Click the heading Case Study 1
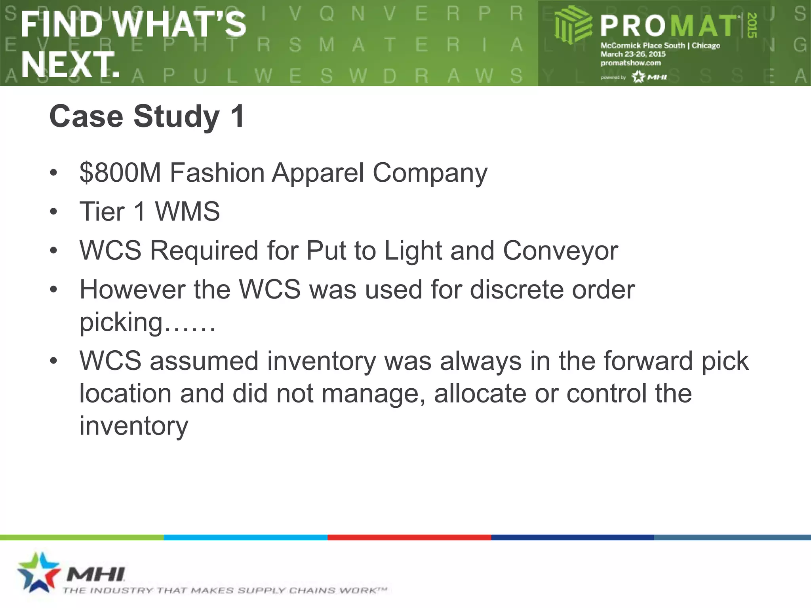coord(147,116)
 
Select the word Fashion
coord(217,173)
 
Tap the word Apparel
coord(318,173)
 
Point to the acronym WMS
coord(187,211)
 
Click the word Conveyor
coord(560,251)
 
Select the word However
coord(132,289)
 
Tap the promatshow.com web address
coord(630,63)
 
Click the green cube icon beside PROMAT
coord(573,25)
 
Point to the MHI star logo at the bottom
coord(38,572)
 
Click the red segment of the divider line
coord(409,537)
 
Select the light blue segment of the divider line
coord(246,537)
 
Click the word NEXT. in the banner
coord(70,65)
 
